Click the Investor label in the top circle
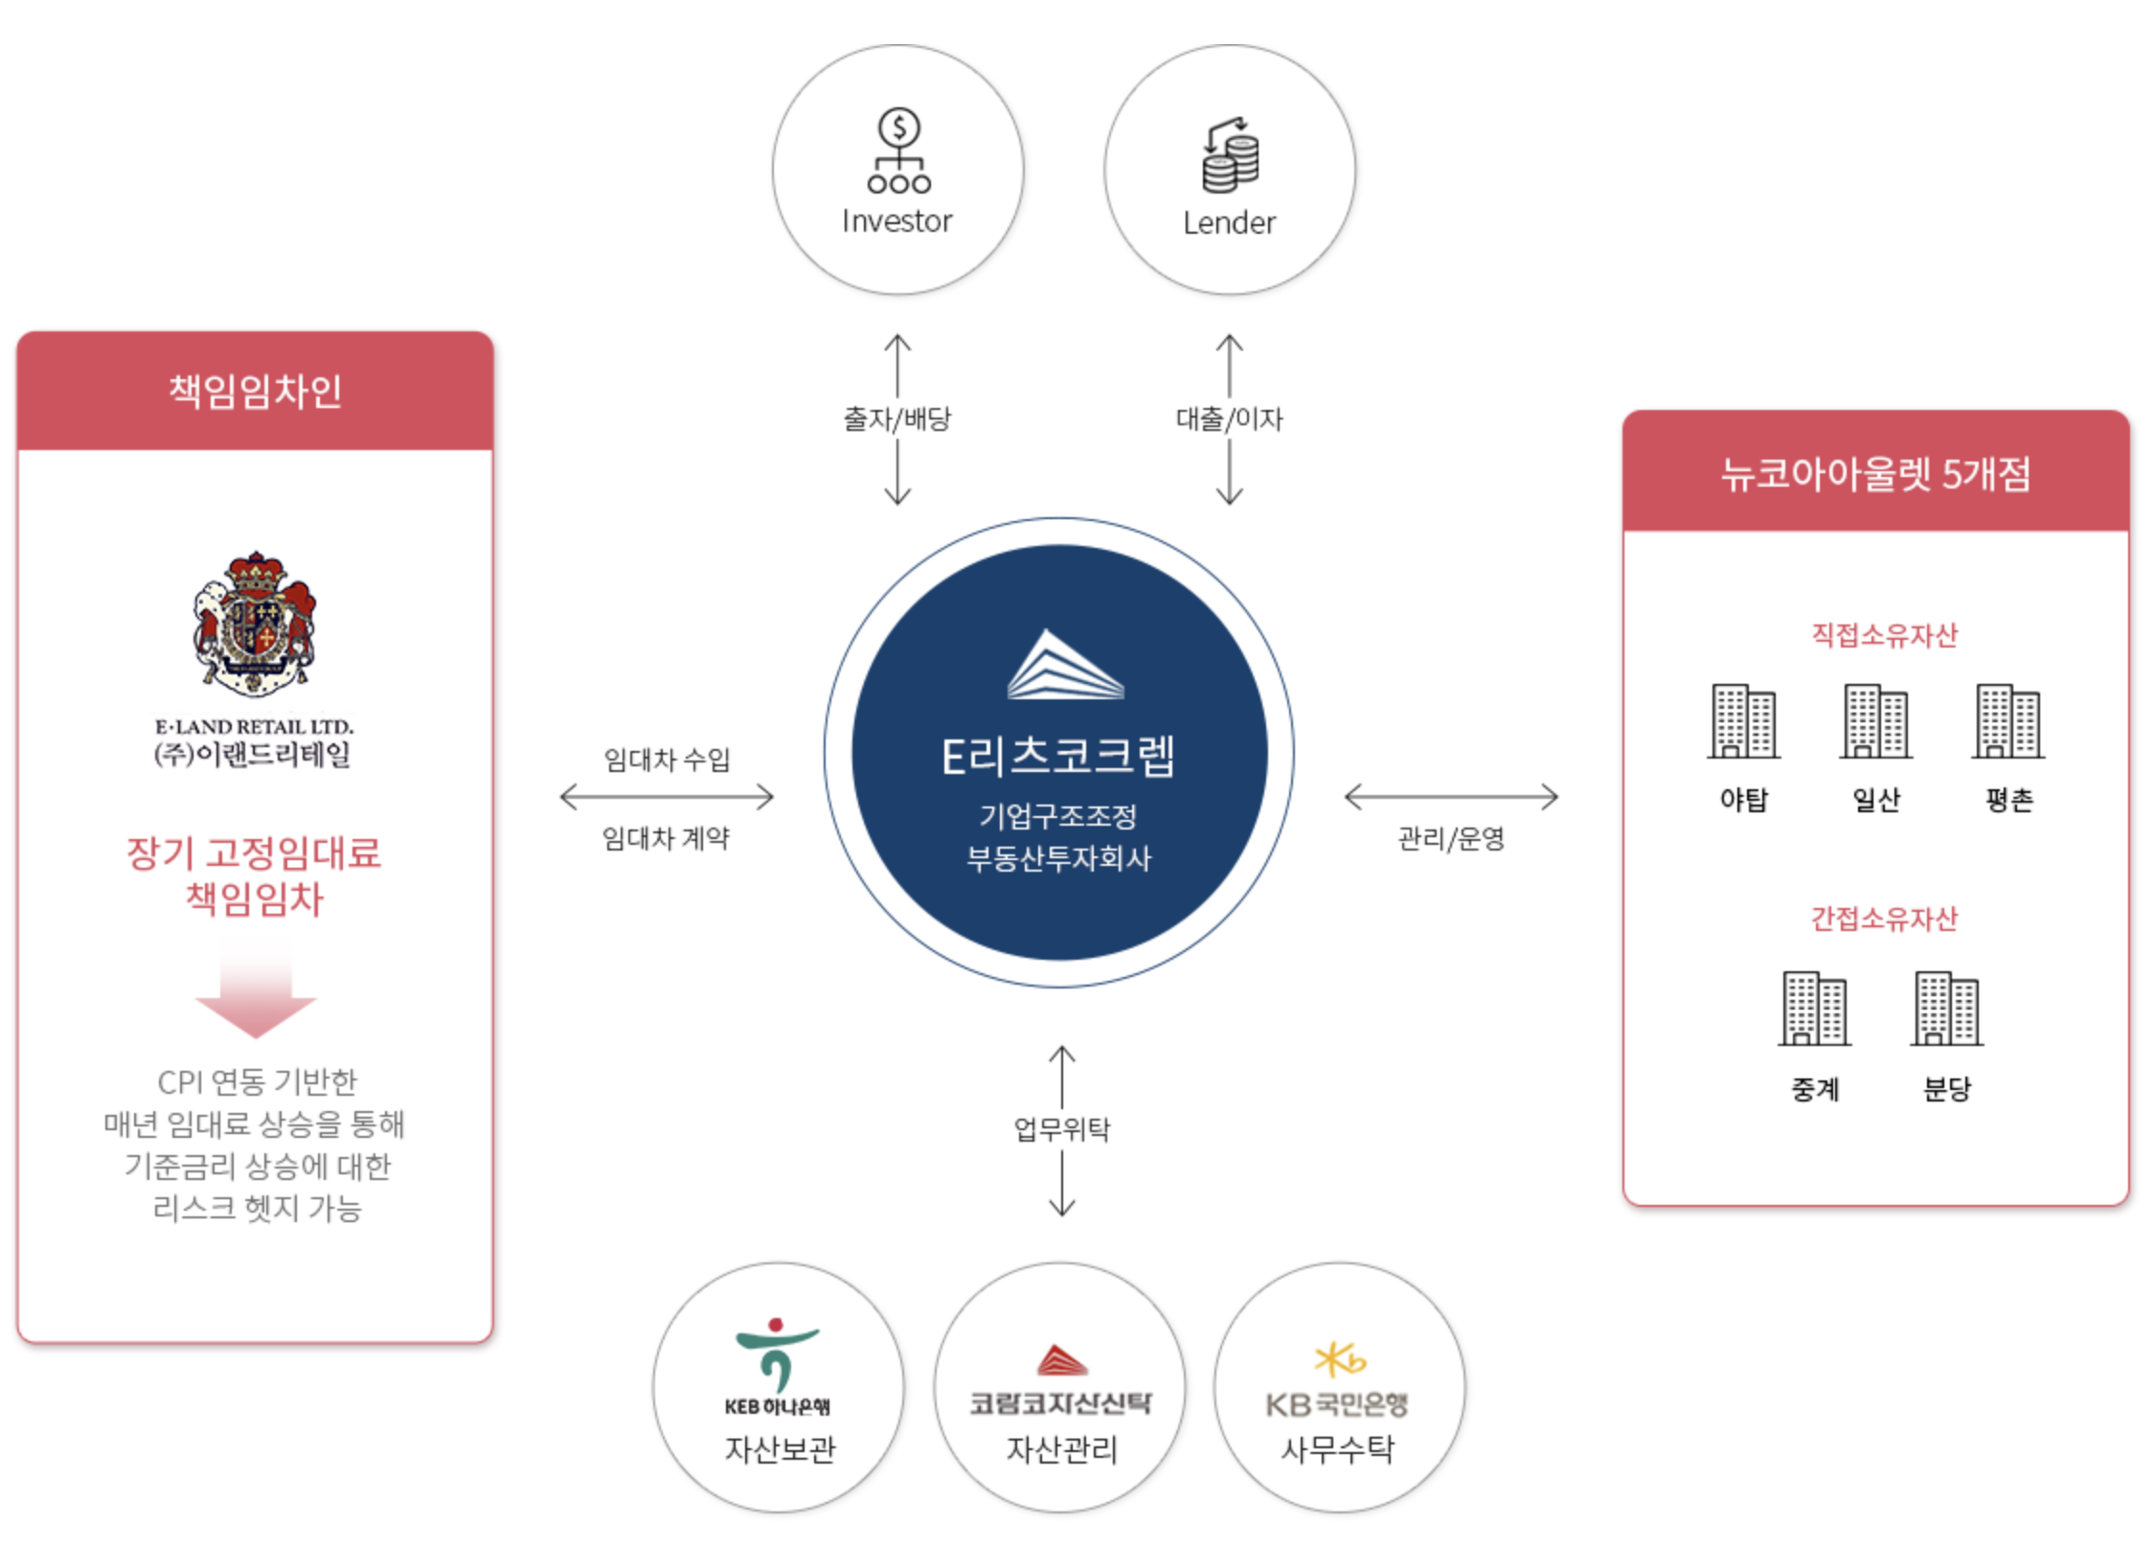click(x=896, y=221)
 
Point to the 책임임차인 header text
click(x=255, y=391)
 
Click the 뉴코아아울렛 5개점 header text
click(x=1874, y=473)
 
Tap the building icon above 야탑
click(x=1743, y=721)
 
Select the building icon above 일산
click(x=1875, y=721)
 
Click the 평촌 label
click(x=2008, y=800)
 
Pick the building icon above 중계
click(x=1814, y=1009)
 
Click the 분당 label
click(x=1946, y=1088)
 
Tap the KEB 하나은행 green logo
click(x=777, y=1353)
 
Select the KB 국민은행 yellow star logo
click(x=1339, y=1359)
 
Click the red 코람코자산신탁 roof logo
click(x=1061, y=1360)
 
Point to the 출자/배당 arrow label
click(x=896, y=419)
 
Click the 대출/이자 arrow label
click(x=1229, y=419)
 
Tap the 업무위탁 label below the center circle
click(x=1061, y=1129)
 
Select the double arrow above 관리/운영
click(x=1451, y=797)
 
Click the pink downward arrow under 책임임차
click(x=256, y=991)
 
